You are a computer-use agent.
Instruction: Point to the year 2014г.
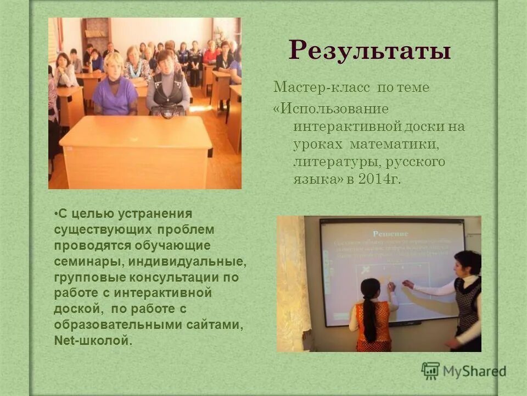point(379,180)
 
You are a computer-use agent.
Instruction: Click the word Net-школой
point(93,340)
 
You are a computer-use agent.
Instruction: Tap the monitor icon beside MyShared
point(430,371)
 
